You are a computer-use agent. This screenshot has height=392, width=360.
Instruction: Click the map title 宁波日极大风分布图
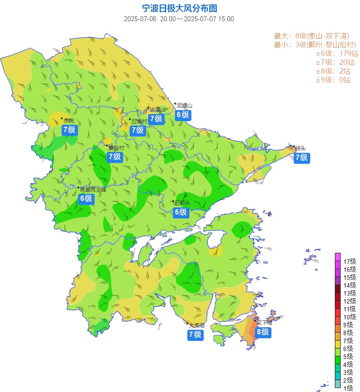pyautogui.click(x=180, y=8)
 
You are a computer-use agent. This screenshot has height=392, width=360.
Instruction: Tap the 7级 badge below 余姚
pyautogui.click(x=70, y=129)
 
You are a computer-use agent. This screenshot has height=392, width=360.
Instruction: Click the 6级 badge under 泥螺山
pyautogui.click(x=182, y=115)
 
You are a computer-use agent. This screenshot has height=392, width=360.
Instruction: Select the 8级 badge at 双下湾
pyautogui.click(x=263, y=332)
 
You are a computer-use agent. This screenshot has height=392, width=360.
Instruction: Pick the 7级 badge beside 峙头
pyautogui.click(x=301, y=157)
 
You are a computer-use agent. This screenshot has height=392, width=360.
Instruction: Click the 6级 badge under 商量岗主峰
pyautogui.click(x=86, y=198)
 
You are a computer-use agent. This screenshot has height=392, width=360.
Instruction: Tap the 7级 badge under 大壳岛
pyautogui.click(x=195, y=334)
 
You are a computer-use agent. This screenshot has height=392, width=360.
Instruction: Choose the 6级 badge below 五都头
pyautogui.click(x=181, y=212)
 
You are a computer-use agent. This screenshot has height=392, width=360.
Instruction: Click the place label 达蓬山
pyautogui.click(x=158, y=109)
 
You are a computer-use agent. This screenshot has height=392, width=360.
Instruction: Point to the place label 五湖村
pyautogui.click(x=139, y=121)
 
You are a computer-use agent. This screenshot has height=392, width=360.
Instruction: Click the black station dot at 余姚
pyautogui.click(x=62, y=118)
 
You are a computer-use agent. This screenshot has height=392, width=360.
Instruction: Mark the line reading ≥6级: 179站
pyautogui.click(x=333, y=54)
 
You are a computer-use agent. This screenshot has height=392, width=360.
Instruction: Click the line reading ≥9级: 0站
pyautogui.click(x=333, y=80)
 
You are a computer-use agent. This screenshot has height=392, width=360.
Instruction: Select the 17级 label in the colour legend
pyautogui.click(x=349, y=261)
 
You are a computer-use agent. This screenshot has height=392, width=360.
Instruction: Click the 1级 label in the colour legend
pyautogui.click(x=349, y=388)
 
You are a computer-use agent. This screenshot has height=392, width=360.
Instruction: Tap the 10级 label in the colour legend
pyautogui.click(x=349, y=317)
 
